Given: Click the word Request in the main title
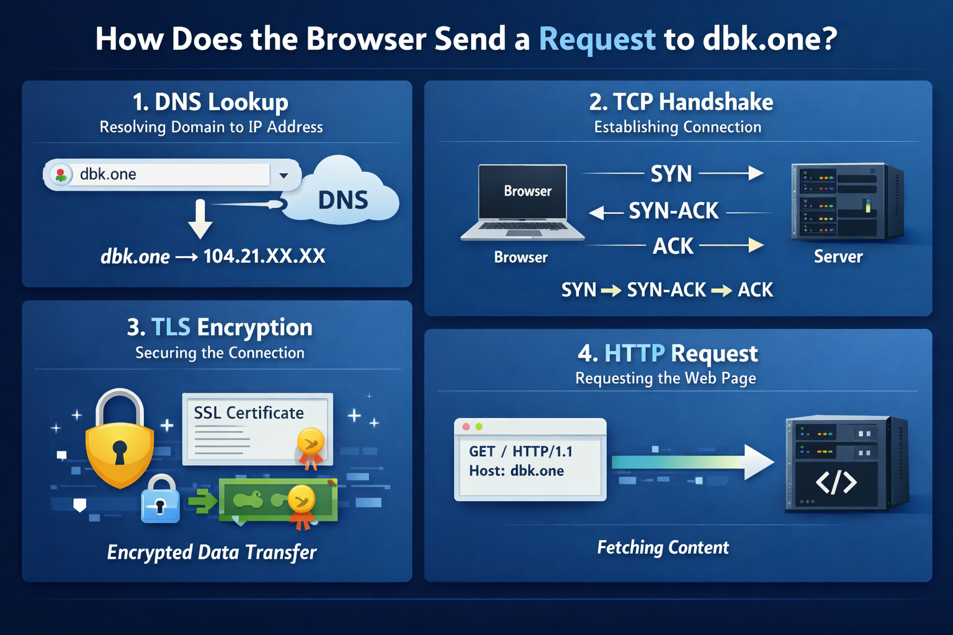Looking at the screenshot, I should [597, 39].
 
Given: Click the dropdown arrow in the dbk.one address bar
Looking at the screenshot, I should [284, 175].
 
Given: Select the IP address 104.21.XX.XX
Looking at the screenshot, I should [264, 256].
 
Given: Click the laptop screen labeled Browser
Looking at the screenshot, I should [523, 191].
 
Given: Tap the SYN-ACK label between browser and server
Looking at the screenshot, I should [673, 211].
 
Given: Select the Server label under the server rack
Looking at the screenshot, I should [838, 257].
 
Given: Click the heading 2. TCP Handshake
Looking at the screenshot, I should [681, 102].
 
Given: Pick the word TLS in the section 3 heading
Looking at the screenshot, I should [171, 327].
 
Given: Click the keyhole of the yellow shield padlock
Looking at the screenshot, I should [120, 451].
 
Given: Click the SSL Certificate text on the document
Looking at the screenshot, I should [249, 413].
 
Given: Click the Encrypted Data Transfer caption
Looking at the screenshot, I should [212, 552].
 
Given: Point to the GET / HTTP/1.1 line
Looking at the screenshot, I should [521, 451].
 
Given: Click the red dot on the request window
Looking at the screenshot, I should [466, 427].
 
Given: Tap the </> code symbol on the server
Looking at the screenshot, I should [836, 482].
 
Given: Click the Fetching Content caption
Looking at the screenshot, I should [663, 548].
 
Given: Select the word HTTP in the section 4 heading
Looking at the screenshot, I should [634, 353].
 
